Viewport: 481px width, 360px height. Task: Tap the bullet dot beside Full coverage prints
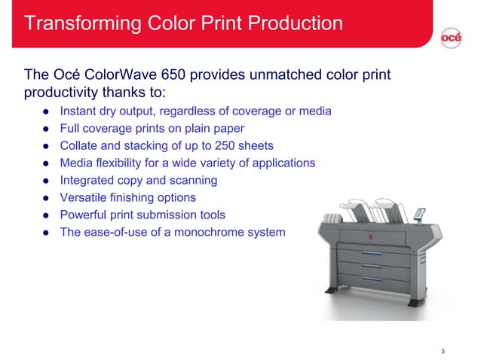coord(45,129)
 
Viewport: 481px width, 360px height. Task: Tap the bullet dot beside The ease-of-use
coord(45,232)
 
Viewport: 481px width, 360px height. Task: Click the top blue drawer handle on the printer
coord(371,254)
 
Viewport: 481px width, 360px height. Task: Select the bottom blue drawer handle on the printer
coord(370,279)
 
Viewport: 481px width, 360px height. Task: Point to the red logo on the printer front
coord(369,237)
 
